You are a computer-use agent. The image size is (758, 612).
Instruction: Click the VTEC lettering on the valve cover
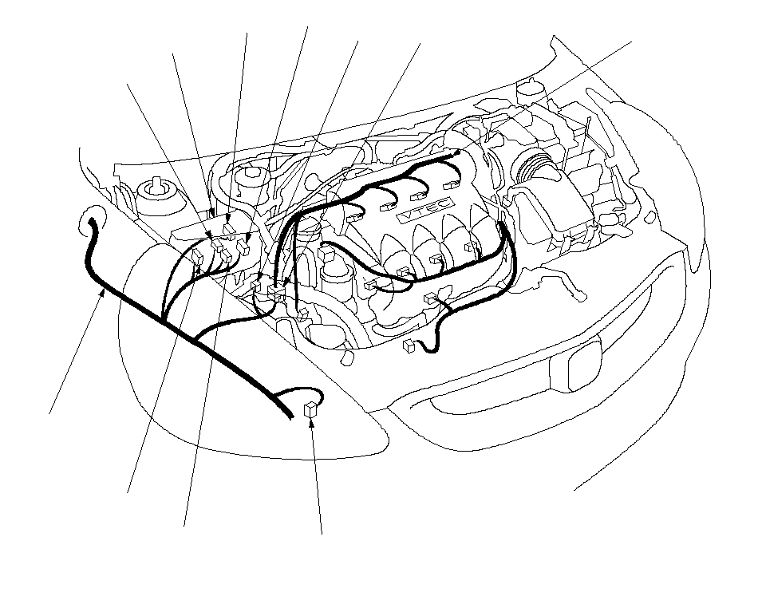pyautogui.click(x=424, y=211)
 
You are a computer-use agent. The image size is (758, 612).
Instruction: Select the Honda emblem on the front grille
pyautogui.click(x=584, y=365)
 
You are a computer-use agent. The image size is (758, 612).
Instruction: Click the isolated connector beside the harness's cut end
pyautogui.click(x=310, y=409)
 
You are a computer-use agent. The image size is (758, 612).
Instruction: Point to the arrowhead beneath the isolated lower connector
pyautogui.click(x=312, y=422)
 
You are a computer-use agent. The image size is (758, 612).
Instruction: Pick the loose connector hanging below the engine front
pyautogui.click(x=409, y=345)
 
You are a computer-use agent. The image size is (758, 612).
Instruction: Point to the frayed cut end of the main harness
pyautogui.click(x=289, y=414)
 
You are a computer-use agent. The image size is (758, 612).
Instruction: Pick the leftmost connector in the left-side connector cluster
pyautogui.click(x=197, y=257)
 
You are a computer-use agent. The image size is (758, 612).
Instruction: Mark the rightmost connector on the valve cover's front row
pyautogui.click(x=470, y=247)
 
